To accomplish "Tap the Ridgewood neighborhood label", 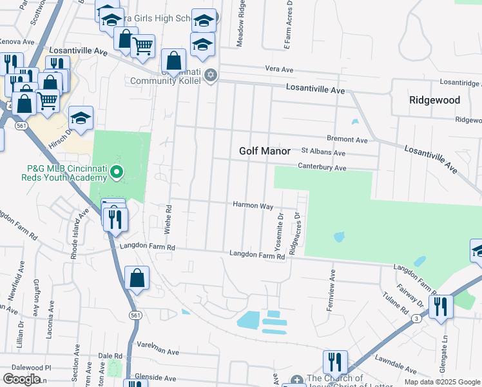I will click(x=435, y=100).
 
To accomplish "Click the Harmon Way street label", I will click(x=253, y=205).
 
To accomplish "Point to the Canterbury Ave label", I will click(x=322, y=168).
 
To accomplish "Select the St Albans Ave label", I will click(x=323, y=153).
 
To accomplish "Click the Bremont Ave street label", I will click(x=347, y=139).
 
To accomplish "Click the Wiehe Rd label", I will click(x=169, y=217).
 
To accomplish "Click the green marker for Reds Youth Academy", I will click(x=117, y=172).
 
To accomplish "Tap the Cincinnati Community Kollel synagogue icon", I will click(x=210, y=76).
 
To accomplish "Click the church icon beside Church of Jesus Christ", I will click(x=296, y=380).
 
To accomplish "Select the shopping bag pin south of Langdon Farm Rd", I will click(x=137, y=279).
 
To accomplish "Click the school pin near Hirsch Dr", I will click(x=81, y=117).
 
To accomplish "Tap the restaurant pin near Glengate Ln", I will click(x=441, y=305).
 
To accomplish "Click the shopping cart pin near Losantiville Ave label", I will click(x=142, y=45).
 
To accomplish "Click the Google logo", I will click(x=22, y=379).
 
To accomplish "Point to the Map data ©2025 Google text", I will click(x=441, y=382).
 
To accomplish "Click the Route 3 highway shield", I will click(x=417, y=319).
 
